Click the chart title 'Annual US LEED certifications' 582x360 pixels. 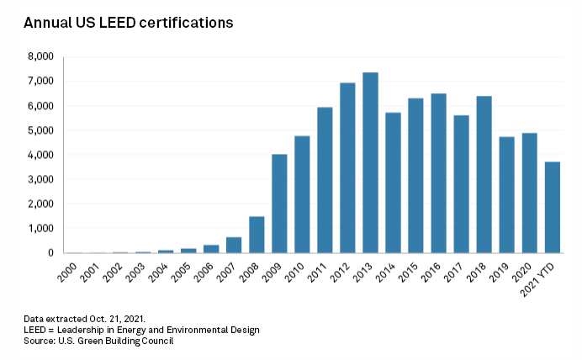(128, 23)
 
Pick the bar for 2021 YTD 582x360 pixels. (552, 207)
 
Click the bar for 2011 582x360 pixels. (325, 180)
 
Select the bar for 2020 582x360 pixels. (529, 193)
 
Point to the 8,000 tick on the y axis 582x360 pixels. (41, 57)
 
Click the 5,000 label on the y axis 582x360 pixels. (41, 130)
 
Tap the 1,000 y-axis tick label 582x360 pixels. (41, 228)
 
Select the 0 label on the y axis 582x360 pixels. (51, 252)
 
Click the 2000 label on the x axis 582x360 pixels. (74, 270)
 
